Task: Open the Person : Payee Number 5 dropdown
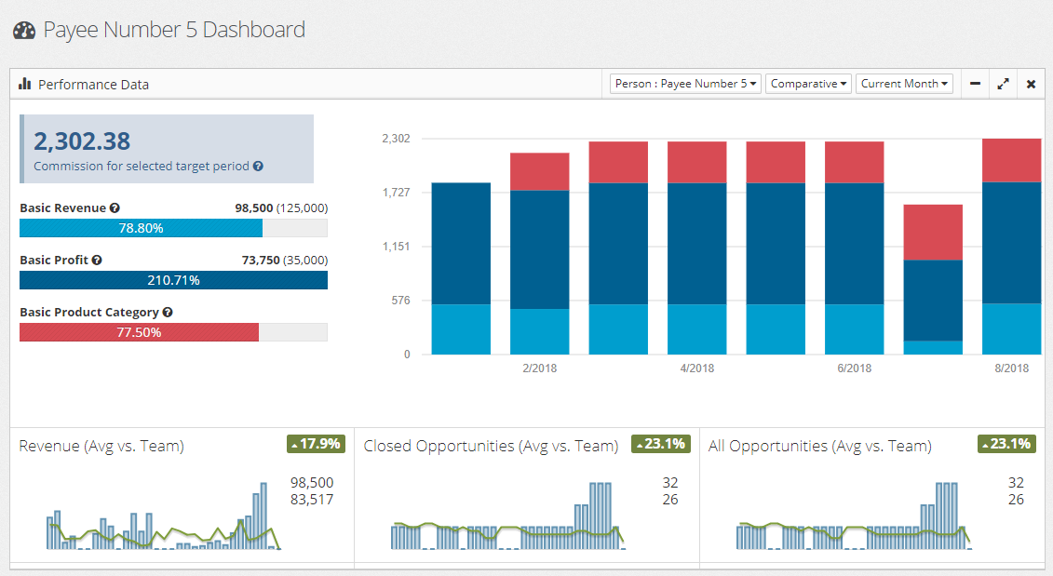point(685,84)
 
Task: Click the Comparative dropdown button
point(808,84)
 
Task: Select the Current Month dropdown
point(904,84)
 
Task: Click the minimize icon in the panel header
point(975,84)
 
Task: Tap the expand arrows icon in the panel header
point(1003,84)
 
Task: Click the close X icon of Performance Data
point(1031,84)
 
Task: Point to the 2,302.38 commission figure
point(82,141)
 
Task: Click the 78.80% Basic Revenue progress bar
point(141,228)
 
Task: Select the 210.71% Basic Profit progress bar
point(173,280)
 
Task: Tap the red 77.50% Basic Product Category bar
point(139,332)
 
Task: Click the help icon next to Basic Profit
point(97,261)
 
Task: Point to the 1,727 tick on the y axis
point(396,193)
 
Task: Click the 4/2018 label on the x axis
point(697,368)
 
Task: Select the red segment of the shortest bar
point(933,232)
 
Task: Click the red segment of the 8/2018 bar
point(1011,160)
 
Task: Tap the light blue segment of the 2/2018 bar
point(540,331)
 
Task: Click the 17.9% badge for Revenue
point(316,444)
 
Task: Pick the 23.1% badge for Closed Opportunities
point(660,444)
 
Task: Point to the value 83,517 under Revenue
point(312,500)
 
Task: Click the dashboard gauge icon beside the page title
point(24,31)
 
